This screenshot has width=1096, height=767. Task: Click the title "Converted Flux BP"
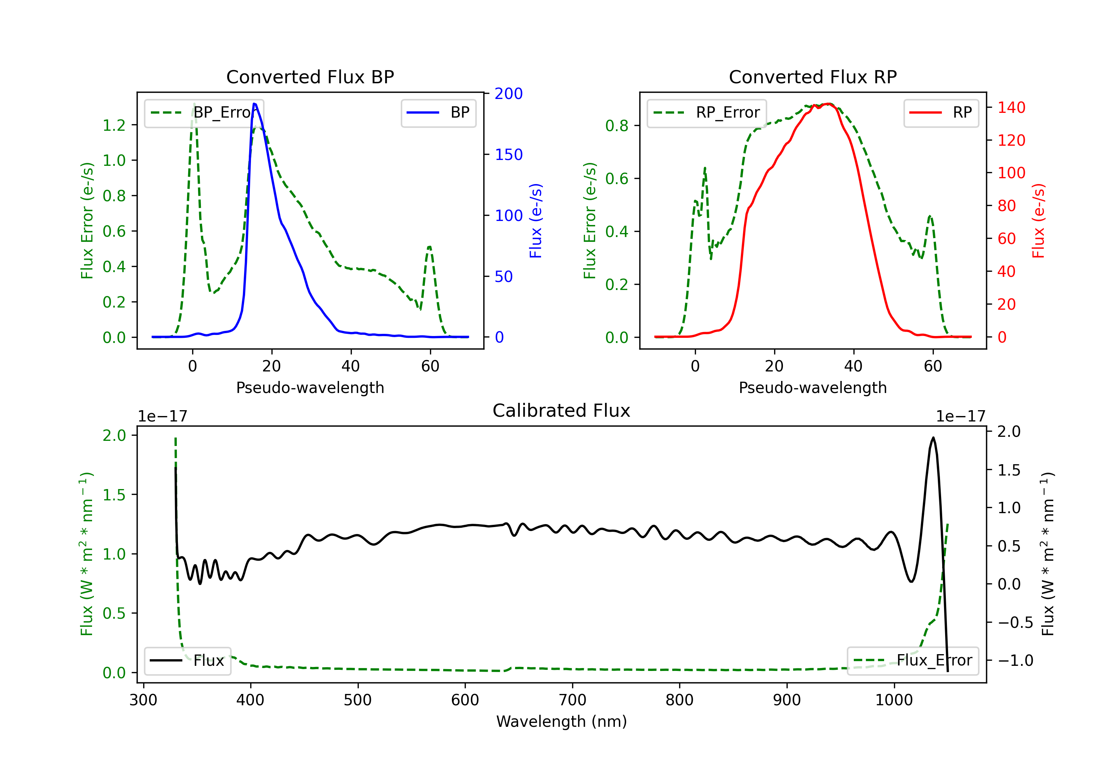310,77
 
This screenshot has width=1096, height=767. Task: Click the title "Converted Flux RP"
813,77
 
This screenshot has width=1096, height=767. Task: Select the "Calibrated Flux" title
562,411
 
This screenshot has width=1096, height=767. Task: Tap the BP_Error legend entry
204,112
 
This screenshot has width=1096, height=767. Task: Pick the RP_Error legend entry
707,112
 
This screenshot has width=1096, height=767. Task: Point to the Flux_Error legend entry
913,661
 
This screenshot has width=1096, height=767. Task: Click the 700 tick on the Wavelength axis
572,700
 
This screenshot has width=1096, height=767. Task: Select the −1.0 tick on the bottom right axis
1015,661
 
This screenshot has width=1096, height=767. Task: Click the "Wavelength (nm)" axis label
562,722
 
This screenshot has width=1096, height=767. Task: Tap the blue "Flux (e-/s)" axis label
536,221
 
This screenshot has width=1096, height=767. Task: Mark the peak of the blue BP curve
254,104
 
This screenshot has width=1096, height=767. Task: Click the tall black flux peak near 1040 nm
933,438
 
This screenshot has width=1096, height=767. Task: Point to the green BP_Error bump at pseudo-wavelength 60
430,247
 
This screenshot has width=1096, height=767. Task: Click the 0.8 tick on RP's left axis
617,126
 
